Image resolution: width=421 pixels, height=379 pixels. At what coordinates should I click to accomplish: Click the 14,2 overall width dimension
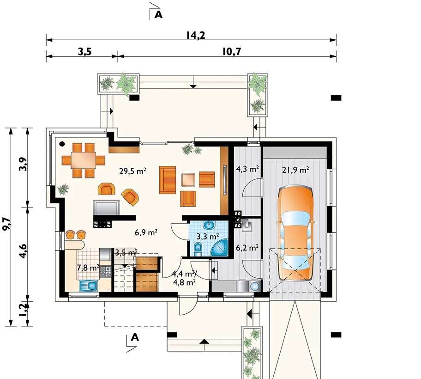pyautogui.click(x=196, y=35)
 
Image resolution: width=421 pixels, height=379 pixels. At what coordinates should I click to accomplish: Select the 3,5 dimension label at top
pyautogui.click(x=85, y=51)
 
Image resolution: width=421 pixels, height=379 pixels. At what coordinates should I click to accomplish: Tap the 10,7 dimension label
pyautogui.click(x=232, y=51)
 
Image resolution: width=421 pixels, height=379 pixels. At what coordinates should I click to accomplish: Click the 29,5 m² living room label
pyautogui.click(x=132, y=171)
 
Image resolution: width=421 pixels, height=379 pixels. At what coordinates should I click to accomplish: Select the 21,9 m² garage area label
pyautogui.click(x=295, y=170)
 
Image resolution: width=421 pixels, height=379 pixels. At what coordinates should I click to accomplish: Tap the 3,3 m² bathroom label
pyautogui.click(x=208, y=237)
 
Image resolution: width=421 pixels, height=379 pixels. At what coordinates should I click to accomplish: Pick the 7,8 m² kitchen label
pyautogui.click(x=88, y=268)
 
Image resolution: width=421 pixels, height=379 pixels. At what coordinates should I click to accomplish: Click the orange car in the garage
pyautogui.click(x=295, y=233)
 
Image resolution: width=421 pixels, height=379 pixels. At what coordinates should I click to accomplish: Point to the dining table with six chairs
pyautogui.click(x=83, y=160)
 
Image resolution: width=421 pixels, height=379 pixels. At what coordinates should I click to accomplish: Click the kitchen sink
pyautogui.click(x=88, y=286)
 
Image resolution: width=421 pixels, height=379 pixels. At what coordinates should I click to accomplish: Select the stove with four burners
pyautogui.click(x=106, y=271)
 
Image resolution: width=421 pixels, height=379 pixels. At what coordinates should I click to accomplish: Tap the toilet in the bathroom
pyautogui.click(x=198, y=250)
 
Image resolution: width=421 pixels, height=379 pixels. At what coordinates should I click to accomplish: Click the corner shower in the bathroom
pyautogui.click(x=220, y=248)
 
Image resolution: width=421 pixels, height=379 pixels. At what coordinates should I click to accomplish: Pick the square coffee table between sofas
pyautogui.click(x=188, y=180)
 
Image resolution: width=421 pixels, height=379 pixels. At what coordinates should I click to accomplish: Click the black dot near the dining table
pyautogui.click(x=62, y=144)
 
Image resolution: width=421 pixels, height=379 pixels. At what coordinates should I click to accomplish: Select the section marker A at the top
pyautogui.click(x=158, y=15)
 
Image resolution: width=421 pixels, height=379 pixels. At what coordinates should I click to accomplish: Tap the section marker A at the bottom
pyautogui.click(x=135, y=337)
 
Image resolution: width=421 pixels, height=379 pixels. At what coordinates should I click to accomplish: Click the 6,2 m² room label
pyautogui.click(x=247, y=248)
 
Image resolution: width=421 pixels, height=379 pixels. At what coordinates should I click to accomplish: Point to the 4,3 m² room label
pyautogui.click(x=247, y=169)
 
